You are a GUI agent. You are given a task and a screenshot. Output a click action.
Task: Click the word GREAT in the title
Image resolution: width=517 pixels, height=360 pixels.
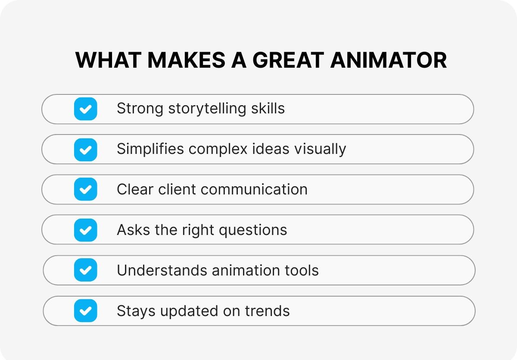[x=288, y=60]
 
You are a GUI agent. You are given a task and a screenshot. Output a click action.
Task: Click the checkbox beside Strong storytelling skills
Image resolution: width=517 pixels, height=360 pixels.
[x=85, y=109]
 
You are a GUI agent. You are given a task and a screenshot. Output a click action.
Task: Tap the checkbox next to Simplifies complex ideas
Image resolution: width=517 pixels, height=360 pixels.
[x=85, y=149]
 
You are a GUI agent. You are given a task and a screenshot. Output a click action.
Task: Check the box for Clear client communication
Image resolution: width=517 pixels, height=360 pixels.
[x=85, y=189]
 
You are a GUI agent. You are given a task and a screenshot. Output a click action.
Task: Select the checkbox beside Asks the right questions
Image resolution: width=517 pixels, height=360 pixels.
[x=85, y=230]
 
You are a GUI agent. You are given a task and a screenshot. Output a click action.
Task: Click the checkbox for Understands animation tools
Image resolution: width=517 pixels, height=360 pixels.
[x=85, y=270]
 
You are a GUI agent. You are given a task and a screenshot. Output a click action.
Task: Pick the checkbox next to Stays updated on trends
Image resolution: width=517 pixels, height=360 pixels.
[x=85, y=311]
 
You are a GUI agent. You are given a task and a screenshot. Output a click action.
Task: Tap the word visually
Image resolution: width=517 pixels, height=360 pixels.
[x=320, y=149]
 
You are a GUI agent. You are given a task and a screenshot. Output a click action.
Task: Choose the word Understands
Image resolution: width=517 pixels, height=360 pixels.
[x=162, y=270]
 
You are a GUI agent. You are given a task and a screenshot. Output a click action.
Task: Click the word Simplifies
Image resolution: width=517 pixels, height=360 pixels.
[x=150, y=149]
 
